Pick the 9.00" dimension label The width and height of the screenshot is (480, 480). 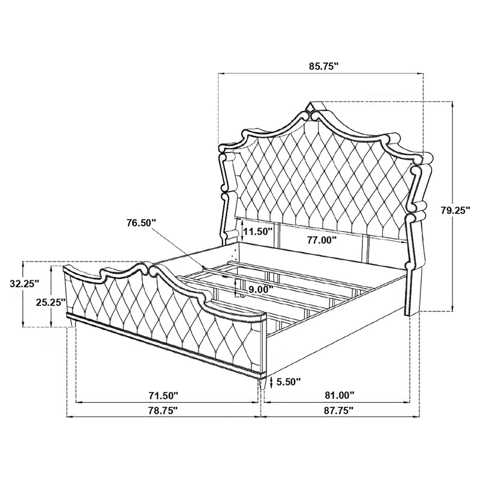pos(261,289)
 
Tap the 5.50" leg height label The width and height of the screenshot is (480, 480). pos(290,380)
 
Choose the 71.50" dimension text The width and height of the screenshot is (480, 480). pos(163,395)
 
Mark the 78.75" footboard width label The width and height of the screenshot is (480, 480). pos(163,411)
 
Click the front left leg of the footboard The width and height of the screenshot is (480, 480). pos(72,324)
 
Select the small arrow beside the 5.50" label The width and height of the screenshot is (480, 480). pos(274,381)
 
